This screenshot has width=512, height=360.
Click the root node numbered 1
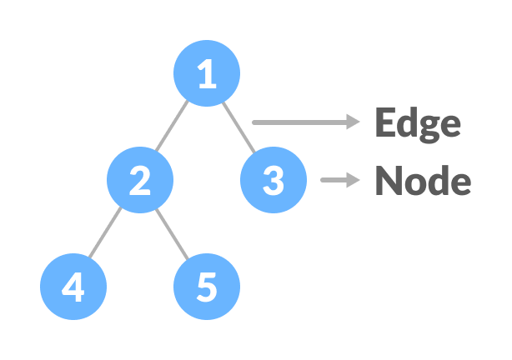(x=206, y=73)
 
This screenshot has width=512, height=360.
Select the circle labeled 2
(x=140, y=180)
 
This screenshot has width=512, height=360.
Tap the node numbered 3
(x=273, y=180)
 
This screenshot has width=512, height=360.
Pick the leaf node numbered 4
(x=73, y=287)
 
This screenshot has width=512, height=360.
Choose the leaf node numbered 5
(x=206, y=287)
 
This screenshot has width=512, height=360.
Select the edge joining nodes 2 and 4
(x=107, y=233)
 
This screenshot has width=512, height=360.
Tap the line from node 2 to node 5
(x=173, y=233)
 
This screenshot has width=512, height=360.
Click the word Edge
(x=417, y=123)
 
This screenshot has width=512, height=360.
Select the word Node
(x=422, y=180)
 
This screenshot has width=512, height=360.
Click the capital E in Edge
(x=384, y=123)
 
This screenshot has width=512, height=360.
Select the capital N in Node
(x=387, y=180)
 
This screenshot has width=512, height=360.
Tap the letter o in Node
(x=413, y=182)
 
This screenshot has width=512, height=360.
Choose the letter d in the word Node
(x=435, y=180)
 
